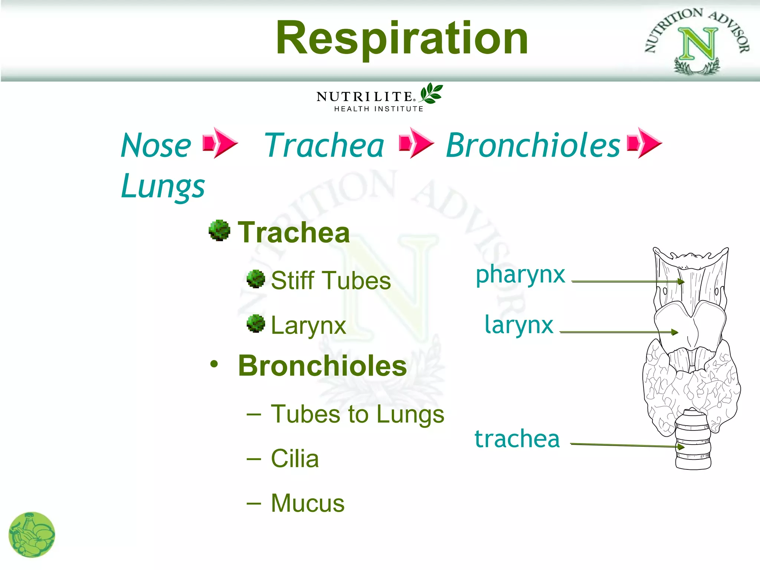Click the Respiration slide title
(402, 38)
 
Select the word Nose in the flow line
(156, 145)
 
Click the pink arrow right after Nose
(220, 143)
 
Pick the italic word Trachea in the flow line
(324, 145)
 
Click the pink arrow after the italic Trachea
(416, 143)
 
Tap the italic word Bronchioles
(533, 145)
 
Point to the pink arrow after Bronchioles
(644, 143)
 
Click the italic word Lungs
(163, 186)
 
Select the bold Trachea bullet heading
(294, 233)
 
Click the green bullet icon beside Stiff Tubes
(256, 279)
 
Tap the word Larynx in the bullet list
(308, 325)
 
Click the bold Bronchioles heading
(322, 366)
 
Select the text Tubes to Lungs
(357, 414)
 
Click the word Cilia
(295, 459)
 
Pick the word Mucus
(308, 503)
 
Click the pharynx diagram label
(520, 275)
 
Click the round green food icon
(32, 535)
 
